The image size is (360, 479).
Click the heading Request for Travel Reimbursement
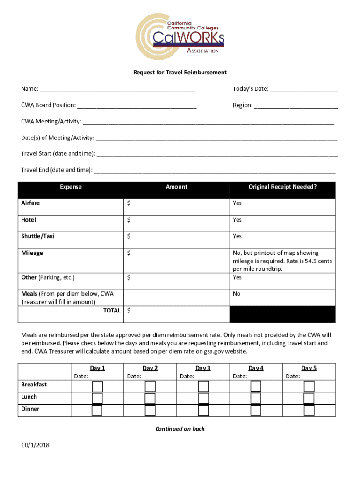180,73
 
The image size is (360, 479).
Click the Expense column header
71,187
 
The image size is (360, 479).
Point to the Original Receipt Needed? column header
282,187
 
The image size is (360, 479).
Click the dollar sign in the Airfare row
129,203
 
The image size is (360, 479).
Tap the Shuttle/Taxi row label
38,236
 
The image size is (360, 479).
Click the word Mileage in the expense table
32,253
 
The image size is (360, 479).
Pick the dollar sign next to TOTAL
129,311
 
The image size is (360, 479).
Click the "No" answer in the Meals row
237,294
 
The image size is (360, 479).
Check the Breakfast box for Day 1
97,386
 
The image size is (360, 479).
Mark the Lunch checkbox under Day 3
203,398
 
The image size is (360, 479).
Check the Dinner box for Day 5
309,410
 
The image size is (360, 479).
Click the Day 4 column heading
256,369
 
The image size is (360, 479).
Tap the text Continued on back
180,429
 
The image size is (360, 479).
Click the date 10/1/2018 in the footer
35,445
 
